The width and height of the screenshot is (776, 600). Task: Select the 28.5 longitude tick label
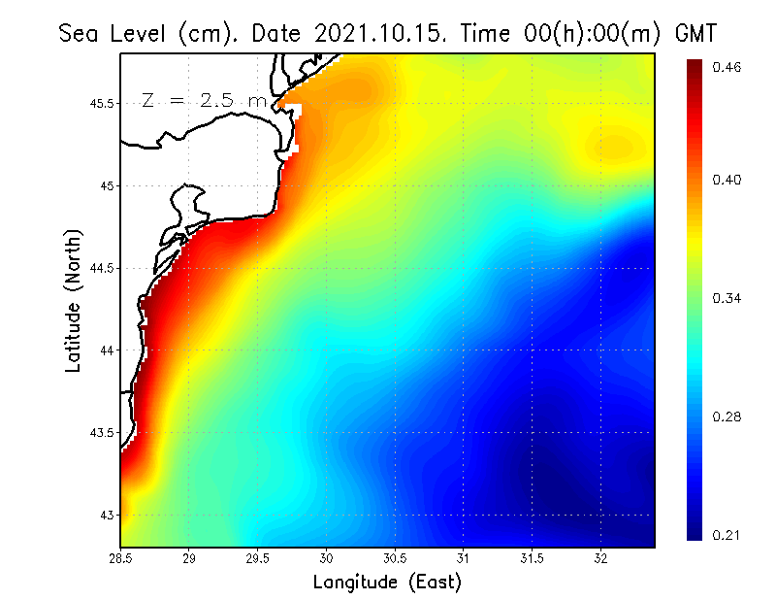121,558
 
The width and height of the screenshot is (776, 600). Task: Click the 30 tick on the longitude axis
327,558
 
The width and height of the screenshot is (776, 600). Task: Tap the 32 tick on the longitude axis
600,558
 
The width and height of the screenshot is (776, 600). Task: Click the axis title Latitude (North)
73,301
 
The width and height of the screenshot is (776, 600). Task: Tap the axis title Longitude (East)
387,582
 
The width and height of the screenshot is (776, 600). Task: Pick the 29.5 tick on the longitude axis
258,558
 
